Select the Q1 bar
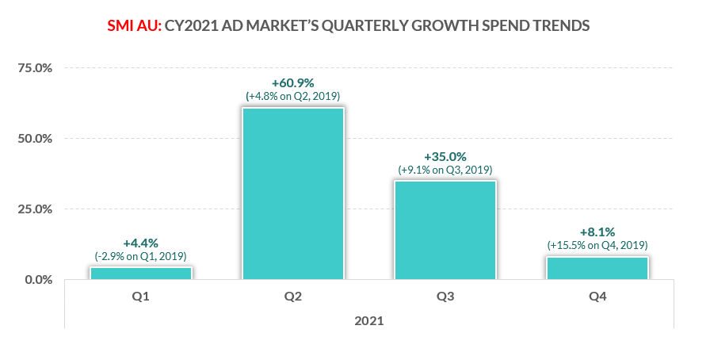pyautogui.click(x=141, y=274)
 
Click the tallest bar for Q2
pyautogui.click(x=293, y=193)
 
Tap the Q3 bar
pyautogui.click(x=445, y=230)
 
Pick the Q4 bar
pyautogui.click(x=597, y=268)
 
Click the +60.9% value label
pyautogui.click(x=293, y=82)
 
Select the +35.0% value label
pyautogui.click(x=445, y=156)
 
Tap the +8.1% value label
pyautogui.click(x=597, y=232)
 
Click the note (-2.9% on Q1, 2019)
pyautogui.click(x=141, y=255)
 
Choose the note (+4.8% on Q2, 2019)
pyautogui.click(x=293, y=96)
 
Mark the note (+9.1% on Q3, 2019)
pyautogui.click(x=445, y=170)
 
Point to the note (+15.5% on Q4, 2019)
pyautogui.click(x=597, y=246)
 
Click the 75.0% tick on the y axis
pyautogui.click(x=35, y=68)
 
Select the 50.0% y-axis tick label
pyautogui.click(x=35, y=139)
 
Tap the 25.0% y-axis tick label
pyautogui.click(x=35, y=209)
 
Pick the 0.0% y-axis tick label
pyautogui.click(x=38, y=280)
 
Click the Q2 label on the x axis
pyautogui.click(x=293, y=297)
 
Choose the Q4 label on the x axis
pyautogui.click(x=597, y=297)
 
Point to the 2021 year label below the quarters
pyautogui.click(x=369, y=321)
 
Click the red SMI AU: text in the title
pyautogui.click(x=133, y=26)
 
